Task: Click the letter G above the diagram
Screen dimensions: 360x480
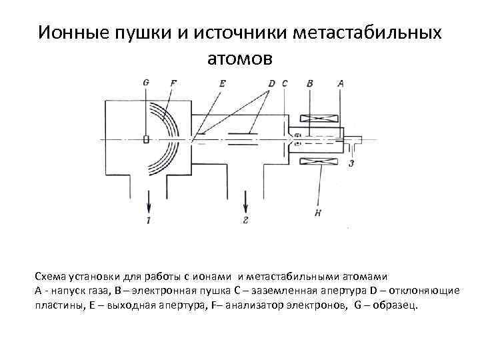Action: click(146, 83)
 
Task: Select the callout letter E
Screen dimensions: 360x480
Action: click(222, 83)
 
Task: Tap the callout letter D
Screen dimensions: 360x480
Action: click(271, 83)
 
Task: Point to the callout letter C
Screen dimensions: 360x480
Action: click(285, 83)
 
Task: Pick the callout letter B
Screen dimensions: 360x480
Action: click(309, 83)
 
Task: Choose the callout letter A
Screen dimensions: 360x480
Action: click(341, 83)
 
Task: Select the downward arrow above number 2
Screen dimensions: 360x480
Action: click(246, 199)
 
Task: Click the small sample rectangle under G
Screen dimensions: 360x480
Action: click(146, 139)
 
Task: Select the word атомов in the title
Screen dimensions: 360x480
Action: click(240, 59)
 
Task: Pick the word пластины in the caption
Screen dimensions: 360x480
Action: click(59, 305)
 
